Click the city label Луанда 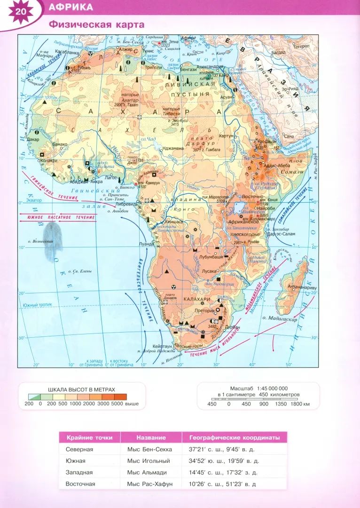point(147,244)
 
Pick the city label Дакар point(33,139)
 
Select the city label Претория point(204,311)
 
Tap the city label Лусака point(209,271)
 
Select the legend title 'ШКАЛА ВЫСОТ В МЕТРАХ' point(81,389)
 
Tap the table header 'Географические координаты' point(235,437)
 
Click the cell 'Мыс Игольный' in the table point(149,461)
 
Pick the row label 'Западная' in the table point(79,472)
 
